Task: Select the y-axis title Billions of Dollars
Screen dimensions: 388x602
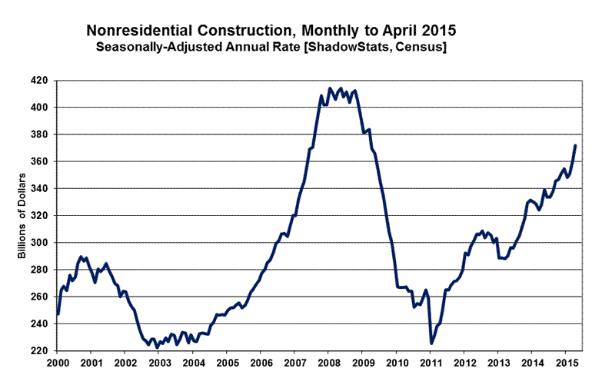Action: (x=22, y=217)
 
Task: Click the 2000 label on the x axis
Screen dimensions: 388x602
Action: (x=58, y=363)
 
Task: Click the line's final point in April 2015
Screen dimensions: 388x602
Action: (x=575, y=145)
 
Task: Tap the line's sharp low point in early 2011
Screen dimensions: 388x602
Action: (x=431, y=343)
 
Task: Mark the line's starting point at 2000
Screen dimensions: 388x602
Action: (x=58, y=314)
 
